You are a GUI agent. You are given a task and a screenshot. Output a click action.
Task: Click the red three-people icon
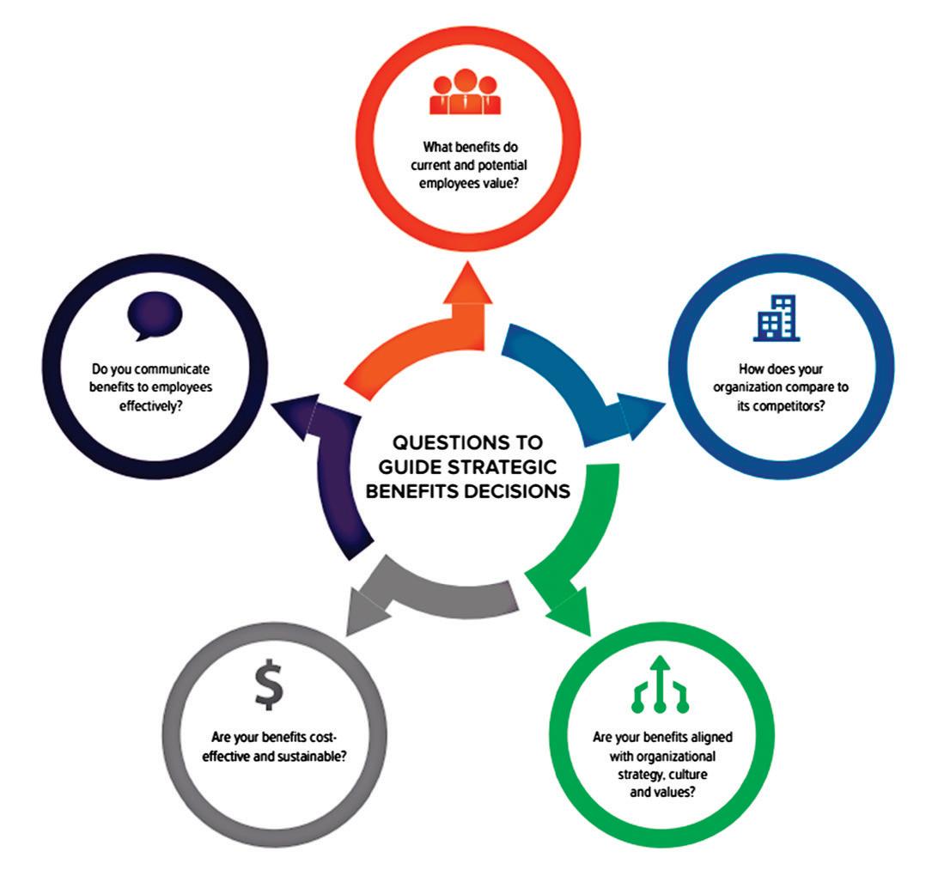[466, 92]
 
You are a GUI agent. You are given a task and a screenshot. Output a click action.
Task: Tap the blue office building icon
[776, 318]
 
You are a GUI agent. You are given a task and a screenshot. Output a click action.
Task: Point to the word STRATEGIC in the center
[502, 467]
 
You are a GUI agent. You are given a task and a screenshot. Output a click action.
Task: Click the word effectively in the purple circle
[150, 406]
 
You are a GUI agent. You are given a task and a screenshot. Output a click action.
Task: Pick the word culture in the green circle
[688, 775]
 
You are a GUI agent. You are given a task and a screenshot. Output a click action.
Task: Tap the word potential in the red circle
[503, 165]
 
